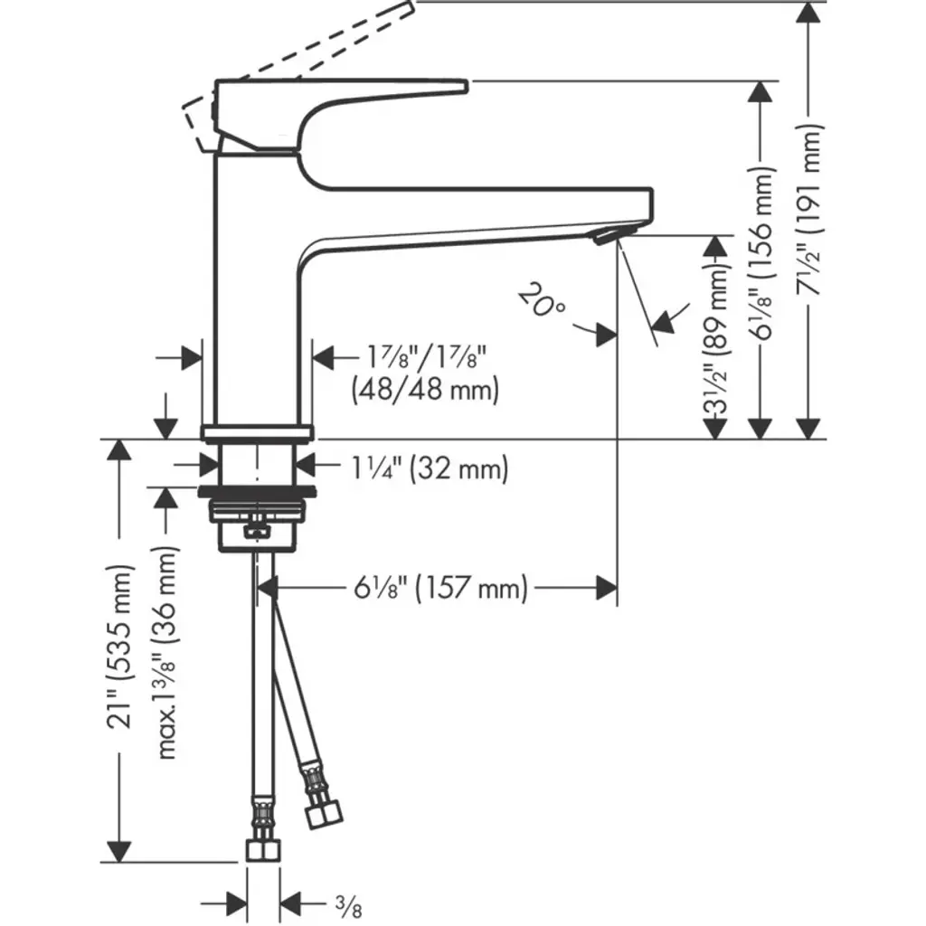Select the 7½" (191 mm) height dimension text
point(812,217)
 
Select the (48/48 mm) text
point(425,391)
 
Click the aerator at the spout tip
point(602,236)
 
